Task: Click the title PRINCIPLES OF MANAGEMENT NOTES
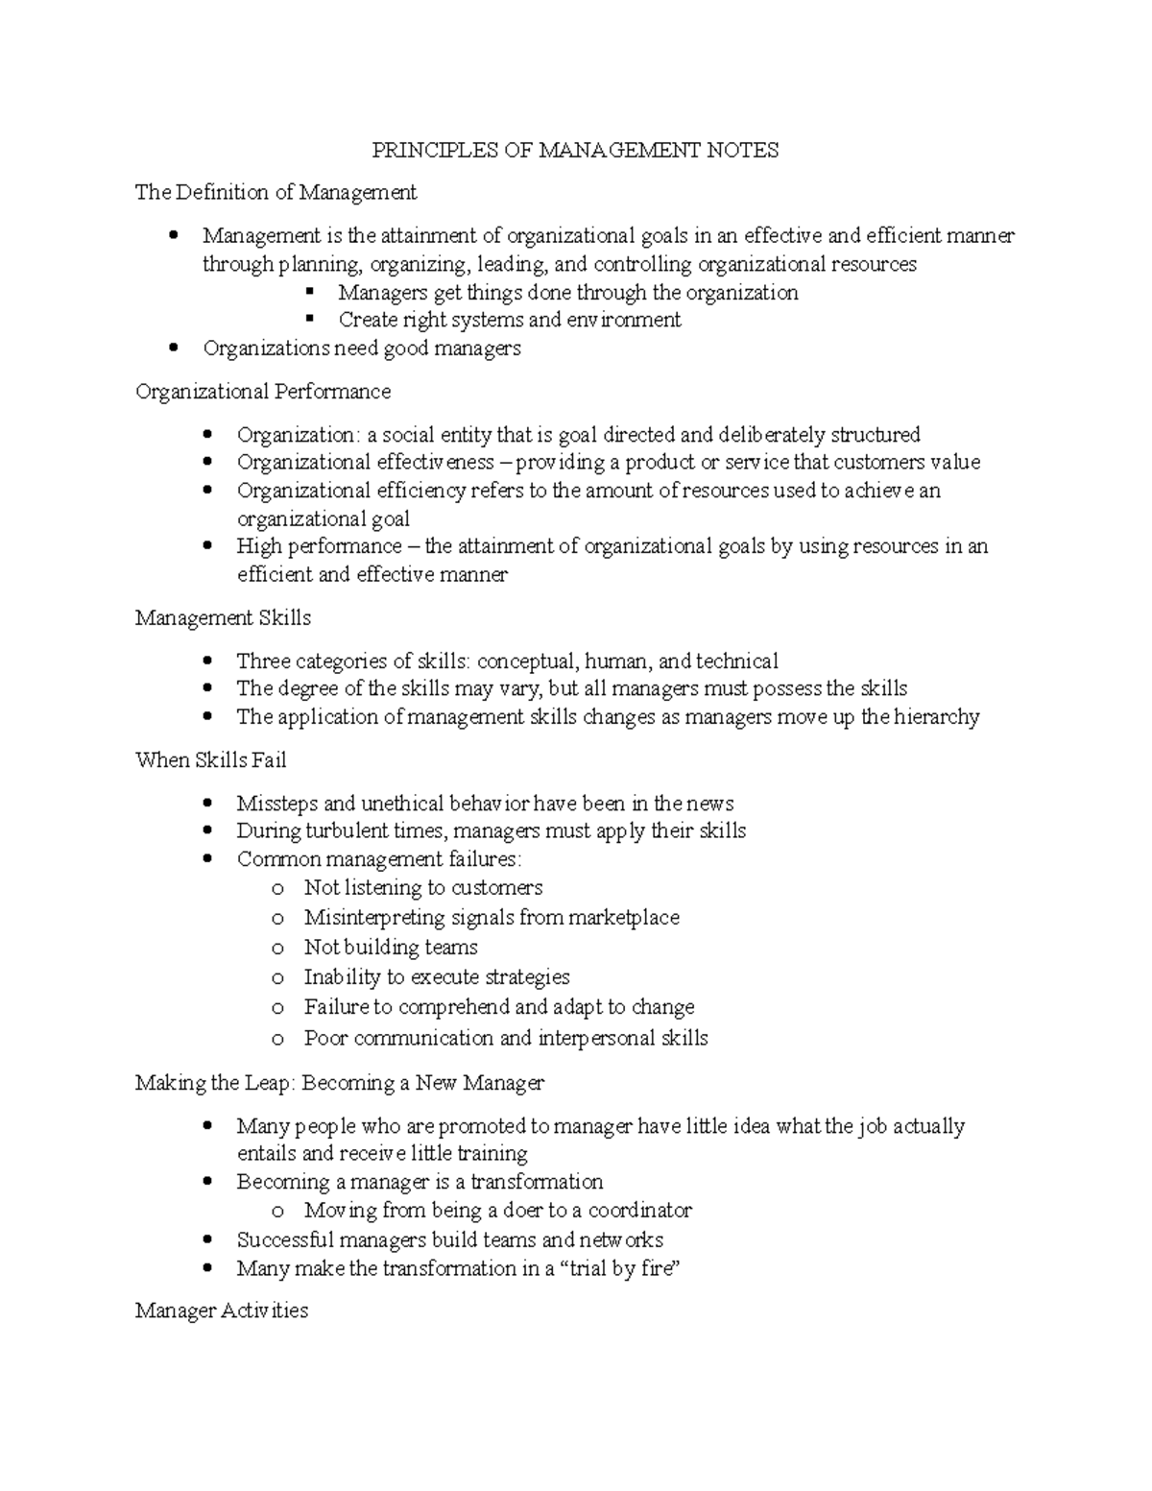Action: (x=575, y=150)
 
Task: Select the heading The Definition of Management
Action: (x=276, y=193)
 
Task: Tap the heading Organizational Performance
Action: (x=263, y=392)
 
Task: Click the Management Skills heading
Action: (x=223, y=617)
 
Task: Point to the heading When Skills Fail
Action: (x=210, y=760)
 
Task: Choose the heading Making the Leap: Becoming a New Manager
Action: (x=339, y=1083)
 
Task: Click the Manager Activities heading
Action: (x=222, y=1311)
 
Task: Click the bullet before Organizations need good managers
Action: (x=173, y=349)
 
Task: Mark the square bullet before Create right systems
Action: (x=309, y=320)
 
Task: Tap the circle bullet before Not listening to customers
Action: (x=277, y=889)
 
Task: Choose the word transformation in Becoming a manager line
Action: (x=537, y=1182)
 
